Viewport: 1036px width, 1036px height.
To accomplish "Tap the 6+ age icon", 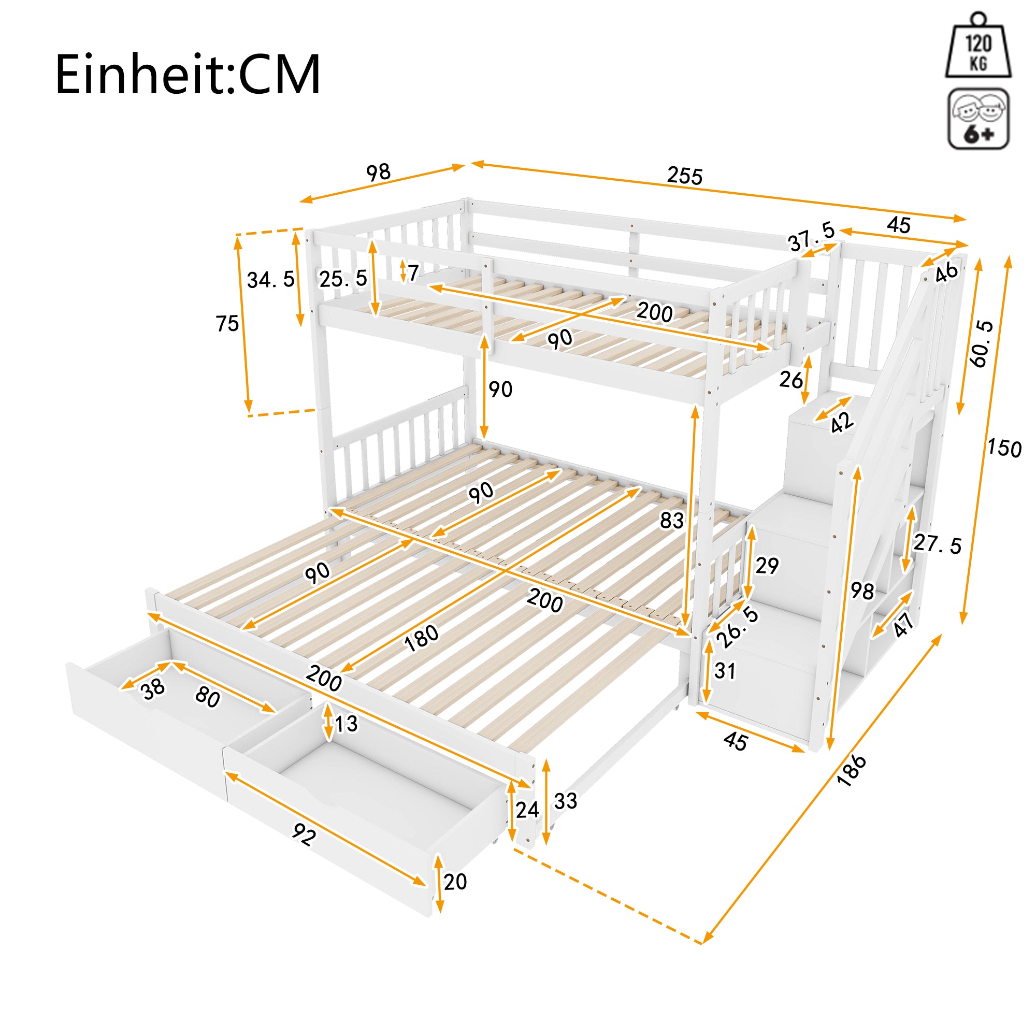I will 978,119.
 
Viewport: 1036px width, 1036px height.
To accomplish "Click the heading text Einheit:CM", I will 188,75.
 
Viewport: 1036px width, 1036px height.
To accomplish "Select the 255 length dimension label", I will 684,176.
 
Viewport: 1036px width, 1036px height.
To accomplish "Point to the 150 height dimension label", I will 1004,448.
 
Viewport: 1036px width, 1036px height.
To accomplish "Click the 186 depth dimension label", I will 852,771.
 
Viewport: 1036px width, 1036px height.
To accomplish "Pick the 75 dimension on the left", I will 227,324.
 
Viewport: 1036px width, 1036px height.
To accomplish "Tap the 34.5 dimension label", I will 270,279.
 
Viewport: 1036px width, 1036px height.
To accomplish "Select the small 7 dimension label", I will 412,274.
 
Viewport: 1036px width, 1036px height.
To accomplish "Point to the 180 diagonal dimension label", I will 422,638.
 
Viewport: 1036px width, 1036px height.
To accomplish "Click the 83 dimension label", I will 671,520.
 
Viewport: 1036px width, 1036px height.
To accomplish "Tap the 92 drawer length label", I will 304,835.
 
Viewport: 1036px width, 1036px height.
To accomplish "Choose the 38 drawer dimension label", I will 153,690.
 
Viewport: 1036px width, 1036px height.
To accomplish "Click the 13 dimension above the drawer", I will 346,724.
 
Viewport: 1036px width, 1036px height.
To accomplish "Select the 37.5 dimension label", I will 811,237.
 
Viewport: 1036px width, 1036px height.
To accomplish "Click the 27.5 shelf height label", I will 938,544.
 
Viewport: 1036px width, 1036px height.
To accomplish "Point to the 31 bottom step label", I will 725,671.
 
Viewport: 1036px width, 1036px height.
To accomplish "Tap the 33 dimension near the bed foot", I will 565,801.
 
